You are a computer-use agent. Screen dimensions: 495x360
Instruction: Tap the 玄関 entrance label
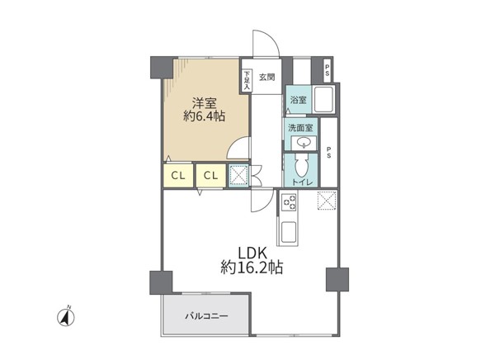pos(267,77)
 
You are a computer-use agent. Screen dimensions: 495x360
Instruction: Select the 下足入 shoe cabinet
pos(247,80)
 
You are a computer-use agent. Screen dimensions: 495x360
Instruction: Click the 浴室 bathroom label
pos(299,100)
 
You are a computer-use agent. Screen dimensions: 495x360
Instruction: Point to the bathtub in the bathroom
pos(324,100)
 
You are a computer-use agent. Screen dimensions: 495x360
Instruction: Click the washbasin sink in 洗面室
pos(304,143)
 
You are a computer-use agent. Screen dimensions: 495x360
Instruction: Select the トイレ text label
pos(302,182)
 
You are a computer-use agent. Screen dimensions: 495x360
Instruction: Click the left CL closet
pos(178,175)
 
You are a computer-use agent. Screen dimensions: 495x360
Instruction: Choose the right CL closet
pos(211,175)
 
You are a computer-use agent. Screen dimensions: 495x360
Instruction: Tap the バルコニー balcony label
pos(206,315)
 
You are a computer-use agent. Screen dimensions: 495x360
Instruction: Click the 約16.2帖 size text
pos(252,268)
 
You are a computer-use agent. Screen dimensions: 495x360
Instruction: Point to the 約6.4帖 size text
pos(205,116)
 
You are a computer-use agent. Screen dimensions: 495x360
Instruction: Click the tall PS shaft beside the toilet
pos(329,153)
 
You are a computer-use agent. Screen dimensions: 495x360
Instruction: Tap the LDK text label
pos(252,253)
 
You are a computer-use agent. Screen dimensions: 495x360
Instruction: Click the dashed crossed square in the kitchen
pos(327,201)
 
